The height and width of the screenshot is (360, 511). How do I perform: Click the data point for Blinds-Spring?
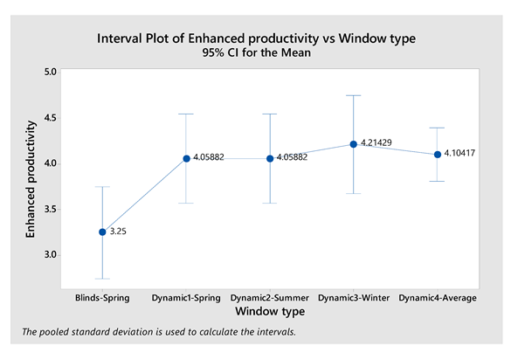coord(102,232)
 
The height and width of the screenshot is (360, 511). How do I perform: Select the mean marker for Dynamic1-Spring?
coord(186,158)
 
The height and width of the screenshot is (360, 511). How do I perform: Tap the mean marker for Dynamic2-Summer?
coord(270,158)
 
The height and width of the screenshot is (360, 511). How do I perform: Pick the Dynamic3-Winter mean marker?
coord(354,144)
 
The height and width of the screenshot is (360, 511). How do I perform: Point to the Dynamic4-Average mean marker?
coord(438,155)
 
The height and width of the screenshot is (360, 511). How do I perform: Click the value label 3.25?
coord(118,232)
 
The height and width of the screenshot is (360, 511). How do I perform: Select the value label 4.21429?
coord(376,142)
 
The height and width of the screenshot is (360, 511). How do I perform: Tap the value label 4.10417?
coord(459,153)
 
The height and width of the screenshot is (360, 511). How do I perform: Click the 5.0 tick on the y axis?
coord(51,72)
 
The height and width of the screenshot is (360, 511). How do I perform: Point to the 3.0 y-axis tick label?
coord(51,254)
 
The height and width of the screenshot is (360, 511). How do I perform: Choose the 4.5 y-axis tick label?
coord(51,117)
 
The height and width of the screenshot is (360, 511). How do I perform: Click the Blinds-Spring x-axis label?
coord(102,298)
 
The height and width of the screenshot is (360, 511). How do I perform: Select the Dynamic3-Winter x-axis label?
coord(354,298)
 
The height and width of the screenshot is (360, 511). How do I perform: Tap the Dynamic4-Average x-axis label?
coord(438,298)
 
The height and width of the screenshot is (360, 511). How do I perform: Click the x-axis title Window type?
coord(270,311)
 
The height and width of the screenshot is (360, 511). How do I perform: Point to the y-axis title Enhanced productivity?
coord(31,179)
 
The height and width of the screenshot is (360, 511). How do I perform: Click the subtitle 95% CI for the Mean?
coord(257,52)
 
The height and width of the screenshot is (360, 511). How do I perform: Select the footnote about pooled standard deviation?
coord(159,332)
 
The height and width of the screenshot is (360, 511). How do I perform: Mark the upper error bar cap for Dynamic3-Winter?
coord(354,95)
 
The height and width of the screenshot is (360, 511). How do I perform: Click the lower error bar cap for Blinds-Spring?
coord(102,279)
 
